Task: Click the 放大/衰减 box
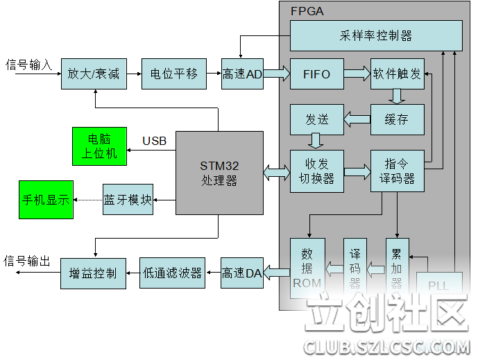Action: (94, 74)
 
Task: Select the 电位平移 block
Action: (174, 74)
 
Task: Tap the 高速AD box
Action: (242, 74)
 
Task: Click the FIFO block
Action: (316, 74)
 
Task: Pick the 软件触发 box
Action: (397, 74)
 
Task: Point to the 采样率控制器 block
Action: (376, 35)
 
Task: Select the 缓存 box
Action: (397, 119)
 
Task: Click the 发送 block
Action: (316, 119)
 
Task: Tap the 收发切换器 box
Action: (316, 171)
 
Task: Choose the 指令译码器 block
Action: (397, 171)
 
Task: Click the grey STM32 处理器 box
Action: (219, 173)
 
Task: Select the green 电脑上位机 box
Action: (99, 146)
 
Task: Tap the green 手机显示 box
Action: (46, 200)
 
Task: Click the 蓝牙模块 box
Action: (128, 200)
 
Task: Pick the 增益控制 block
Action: (94, 273)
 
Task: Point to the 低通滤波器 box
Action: (174, 273)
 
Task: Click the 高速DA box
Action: (242, 273)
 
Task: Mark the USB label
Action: (155, 142)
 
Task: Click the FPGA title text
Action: (306, 11)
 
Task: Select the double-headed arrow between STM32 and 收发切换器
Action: (276, 171)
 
